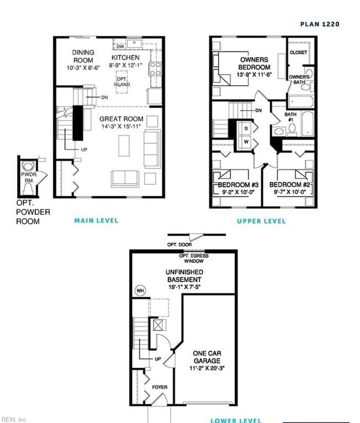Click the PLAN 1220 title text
click(320, 24)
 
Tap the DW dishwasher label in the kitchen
click(120, 47)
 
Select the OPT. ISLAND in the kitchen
click(122, 81)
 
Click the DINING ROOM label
click(84, 56)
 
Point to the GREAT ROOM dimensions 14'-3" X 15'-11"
click(121, 127)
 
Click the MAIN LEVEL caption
click(96, 220)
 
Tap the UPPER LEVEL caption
click(261, 221)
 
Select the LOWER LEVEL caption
click(236, 420)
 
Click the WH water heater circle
click(140, 290)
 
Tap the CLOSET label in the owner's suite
click(298, 53)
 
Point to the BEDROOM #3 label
click(238, 184)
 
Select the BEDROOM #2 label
click(290, 184)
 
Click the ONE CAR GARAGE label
click(207, 357)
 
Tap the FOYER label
click(160, 387)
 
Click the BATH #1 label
click(291, 117)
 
